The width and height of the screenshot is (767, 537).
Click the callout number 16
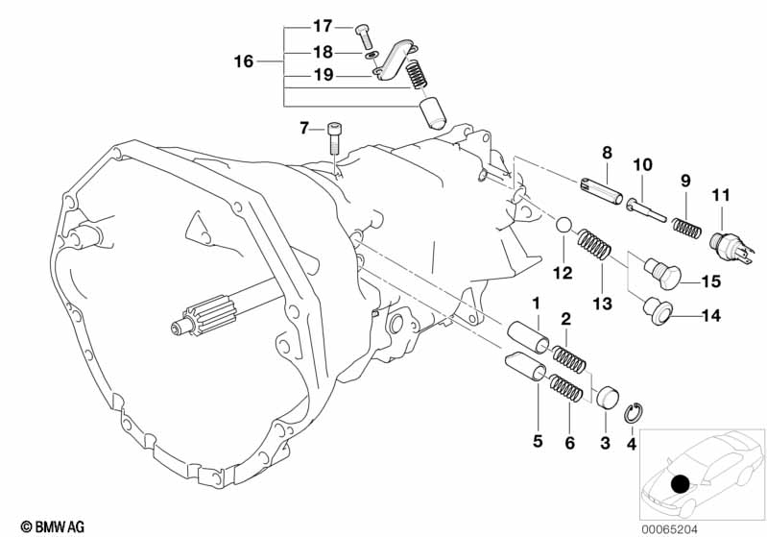click(244, 61)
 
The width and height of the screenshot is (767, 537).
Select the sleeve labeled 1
click(528, 336)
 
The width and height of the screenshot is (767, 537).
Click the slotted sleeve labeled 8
click(601, 191)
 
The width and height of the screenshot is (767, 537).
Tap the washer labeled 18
click(372, 55)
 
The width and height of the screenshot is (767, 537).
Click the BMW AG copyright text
click(53, 526)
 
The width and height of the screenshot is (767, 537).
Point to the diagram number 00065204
click(670, 528)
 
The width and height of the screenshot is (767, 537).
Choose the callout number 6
click(570, 443)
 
